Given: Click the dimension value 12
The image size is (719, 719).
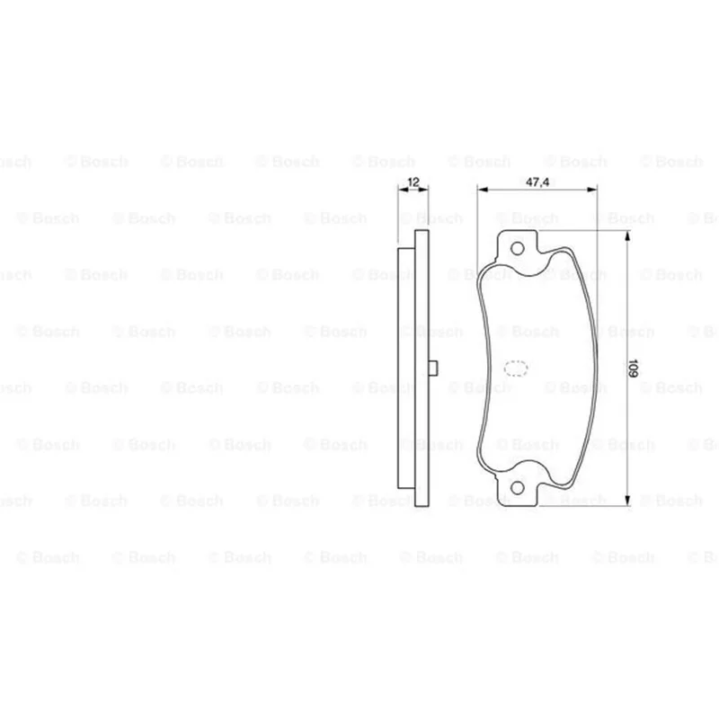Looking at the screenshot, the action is point(413,182).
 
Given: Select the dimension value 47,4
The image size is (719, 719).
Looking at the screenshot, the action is point(537,182).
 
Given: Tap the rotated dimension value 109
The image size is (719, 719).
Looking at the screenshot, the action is point(633,368).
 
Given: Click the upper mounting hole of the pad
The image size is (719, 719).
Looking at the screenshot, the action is point(518,249).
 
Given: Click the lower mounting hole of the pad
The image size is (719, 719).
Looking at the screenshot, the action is point(518,488).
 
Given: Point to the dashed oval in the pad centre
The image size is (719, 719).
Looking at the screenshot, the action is point(516,368).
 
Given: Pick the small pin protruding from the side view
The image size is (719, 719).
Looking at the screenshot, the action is point(433,368).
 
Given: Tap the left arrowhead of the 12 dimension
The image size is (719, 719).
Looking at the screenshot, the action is point(403,189).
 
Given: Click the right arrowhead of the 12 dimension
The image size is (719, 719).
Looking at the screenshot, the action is point(423,189).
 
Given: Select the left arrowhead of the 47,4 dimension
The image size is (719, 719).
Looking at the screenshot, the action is point(483,189).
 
